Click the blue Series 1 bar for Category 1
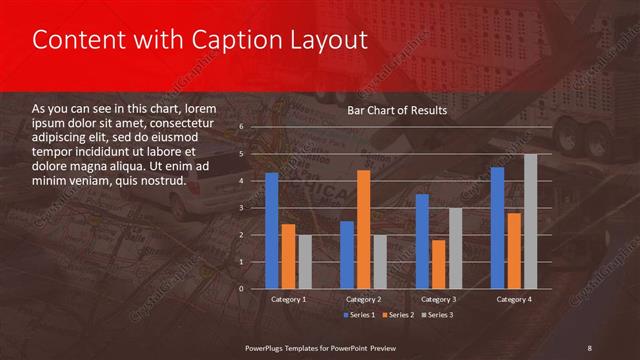(271, 230)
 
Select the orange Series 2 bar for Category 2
(363, 229)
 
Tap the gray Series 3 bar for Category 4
(530, 221)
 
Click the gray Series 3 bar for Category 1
(304, 261)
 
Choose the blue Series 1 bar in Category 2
(346, 254)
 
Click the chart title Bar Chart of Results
(397, 110)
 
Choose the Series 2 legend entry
(397, 315)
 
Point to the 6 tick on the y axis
(242, 127)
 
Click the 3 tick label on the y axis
(242, 208)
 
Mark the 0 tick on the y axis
(242, 288)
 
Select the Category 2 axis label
(363, 299)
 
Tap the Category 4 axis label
(513, 299)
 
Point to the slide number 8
(589, 347)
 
